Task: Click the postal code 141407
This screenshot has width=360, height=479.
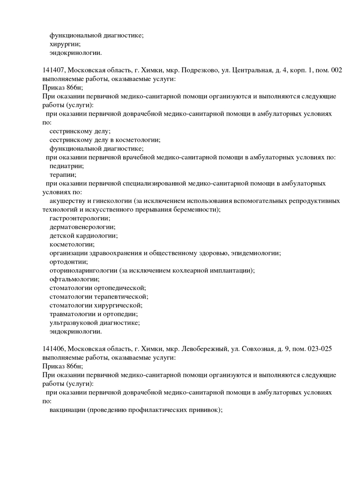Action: pos(53,71)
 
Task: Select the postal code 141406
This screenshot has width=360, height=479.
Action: pos(53,349)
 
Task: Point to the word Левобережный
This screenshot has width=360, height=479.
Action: pos(203,349)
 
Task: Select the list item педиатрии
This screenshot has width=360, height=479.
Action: pos(67,166)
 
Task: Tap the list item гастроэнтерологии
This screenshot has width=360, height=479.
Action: pos(80,218)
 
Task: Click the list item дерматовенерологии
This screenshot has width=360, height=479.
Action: pos(82,227)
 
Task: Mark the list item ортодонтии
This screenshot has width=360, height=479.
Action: pos(68,262)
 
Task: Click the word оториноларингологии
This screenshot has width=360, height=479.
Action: pos(83,270)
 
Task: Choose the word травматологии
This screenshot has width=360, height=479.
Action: pos(72,314)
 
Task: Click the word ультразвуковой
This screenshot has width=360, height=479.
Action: pos(73,323)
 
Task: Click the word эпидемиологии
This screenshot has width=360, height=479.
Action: pos(256,253)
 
